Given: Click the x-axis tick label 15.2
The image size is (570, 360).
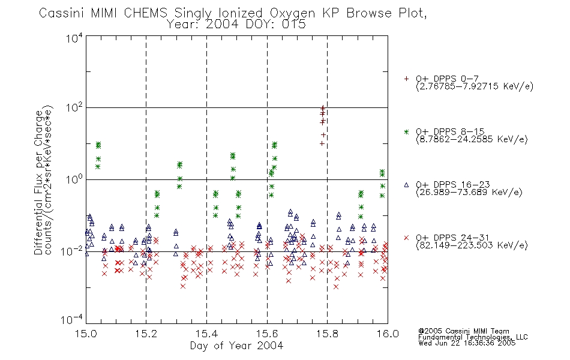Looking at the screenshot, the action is pyautogui.click(x=146, y=334).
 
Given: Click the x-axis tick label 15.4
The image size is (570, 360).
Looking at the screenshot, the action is pyautogui.click(x=207, y=334).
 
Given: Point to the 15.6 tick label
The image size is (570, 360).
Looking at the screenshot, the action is pyautogui.click(x=267, y=334).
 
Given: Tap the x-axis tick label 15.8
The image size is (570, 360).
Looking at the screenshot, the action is pyautogui.click(x=328, y=334).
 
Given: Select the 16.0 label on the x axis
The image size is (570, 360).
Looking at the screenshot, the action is pyautogui.click(x=388, y=334).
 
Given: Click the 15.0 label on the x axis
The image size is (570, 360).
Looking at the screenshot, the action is pyautogui.click(x=86, y=334).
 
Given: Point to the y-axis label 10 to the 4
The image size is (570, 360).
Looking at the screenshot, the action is pyautogui.click(x=74, y=38).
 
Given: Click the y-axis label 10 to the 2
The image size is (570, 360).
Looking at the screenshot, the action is pyautogui.click(x=74, y=108).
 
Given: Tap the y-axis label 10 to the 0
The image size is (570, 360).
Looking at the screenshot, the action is pyautogui.click(x=74, y=179).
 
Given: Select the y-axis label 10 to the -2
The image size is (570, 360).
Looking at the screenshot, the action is pyautogui.click(x=72, y=251).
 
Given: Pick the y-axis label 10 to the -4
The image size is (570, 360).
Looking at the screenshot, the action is pyautogui.click(x=72, y=320).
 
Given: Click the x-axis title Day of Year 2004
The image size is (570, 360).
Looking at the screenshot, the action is pyautogui.click(x=236, y=346).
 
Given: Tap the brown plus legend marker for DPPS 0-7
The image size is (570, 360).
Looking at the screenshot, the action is pyautogui.click(x=406, y=79).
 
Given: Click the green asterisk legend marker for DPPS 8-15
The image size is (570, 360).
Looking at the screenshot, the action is pyautogui.click(x=406, y=131).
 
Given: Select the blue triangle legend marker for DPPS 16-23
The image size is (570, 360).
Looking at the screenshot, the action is pyautogui.click(x=406, y=185).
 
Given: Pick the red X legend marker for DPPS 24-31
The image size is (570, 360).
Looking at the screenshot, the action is pyautogui.click(x=406, y=238).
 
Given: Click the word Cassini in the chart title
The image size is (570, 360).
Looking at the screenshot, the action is pyautogui.click(x=62, y=13).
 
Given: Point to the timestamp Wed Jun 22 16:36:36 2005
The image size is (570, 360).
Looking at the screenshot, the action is pyautogui.click(x=467, y=343).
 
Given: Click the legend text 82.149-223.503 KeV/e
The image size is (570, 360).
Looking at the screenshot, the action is pyautogui.click(x=472, y=245).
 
